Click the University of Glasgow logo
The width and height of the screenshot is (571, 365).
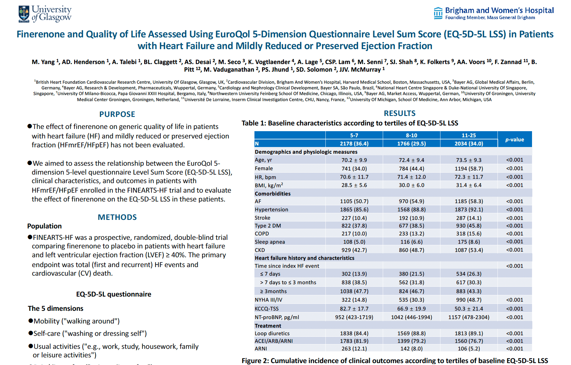(x=45, y=14)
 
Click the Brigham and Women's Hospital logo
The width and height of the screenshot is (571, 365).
(x=494, y=13)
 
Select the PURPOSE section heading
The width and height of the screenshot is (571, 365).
(x=117, y=114)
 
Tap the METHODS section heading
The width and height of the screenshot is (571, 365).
(x=117, y=217)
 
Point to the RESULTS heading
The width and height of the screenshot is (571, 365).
(x=400, y=113)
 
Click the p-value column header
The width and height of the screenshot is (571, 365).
(x=515, y=139)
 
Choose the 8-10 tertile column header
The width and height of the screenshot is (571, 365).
(x=411, y=135)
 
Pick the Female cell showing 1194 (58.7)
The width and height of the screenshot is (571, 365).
(x=469, y=169)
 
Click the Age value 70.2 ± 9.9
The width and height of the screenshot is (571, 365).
(x=354, y=160)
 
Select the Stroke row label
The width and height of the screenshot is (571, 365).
(x=262, y=218)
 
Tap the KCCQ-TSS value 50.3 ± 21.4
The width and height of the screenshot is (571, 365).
(x=469, y=309)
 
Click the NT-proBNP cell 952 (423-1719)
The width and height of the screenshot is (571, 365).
(x=354, y=317)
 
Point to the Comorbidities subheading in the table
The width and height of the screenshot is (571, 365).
(x=273, y=194)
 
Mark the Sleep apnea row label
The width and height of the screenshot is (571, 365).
(x=270, y=242)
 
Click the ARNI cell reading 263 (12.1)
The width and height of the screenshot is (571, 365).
(x=354, y=349)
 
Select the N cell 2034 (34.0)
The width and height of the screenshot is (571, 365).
(x=469, y=144)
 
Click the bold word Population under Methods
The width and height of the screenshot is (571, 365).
(x=44, y=226)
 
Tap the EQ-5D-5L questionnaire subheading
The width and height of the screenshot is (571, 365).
(x=113, y=294)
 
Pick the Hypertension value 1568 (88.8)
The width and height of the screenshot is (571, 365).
(x=411, y=210)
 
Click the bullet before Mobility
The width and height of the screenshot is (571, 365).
(x=31, y=321)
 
